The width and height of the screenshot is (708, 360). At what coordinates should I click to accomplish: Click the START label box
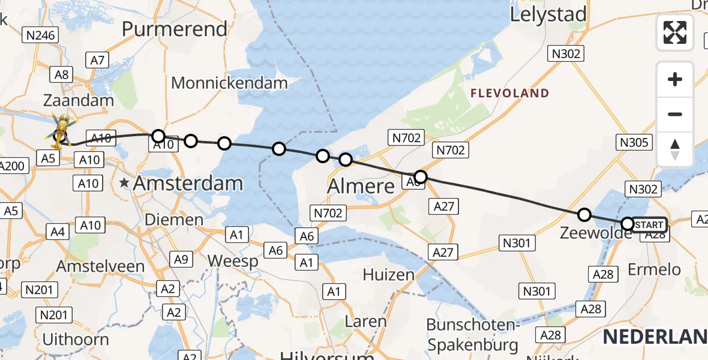(x=649, y=225)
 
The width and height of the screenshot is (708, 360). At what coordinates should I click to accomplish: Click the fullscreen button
(x=675, y=32)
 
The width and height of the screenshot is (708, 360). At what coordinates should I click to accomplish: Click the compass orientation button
(x=675, y=149)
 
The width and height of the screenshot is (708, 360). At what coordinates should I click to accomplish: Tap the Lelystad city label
(x=548, y=15)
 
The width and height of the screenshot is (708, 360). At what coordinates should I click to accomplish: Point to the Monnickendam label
(x=230, y=83)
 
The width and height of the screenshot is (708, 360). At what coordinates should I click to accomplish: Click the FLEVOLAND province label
(x=510, y=93)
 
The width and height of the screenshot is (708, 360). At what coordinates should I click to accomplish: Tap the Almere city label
(x=361, y=186)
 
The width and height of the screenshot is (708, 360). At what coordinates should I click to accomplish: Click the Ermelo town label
(x=654, y=269)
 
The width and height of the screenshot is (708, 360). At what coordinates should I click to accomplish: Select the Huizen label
(x=389, y=275)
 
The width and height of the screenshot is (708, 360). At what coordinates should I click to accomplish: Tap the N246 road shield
(x=41, y=35)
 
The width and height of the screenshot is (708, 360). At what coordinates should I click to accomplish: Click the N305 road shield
(x=634, y=142)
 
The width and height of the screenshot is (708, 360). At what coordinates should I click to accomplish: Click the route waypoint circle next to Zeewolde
(x=584, y=215)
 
